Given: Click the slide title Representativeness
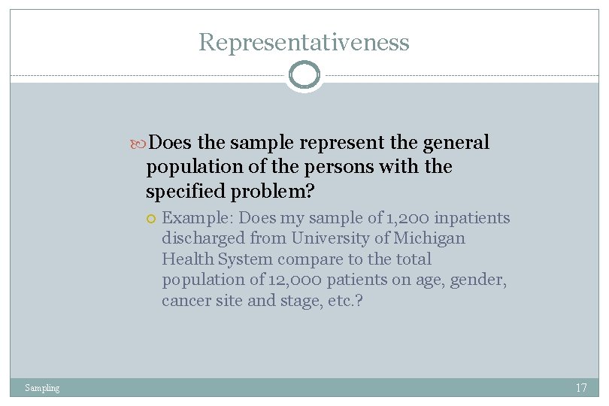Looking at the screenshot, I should tap(304, 42).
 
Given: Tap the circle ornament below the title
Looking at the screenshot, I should tap(304, 75).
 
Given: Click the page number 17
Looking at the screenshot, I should tap(580, 388).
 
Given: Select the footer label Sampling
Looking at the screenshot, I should tap(42, 388).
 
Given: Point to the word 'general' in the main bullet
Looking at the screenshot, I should tap(456, 142).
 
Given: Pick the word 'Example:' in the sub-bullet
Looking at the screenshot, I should tap(198, 218).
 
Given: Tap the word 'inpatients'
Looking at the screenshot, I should tap(474, 218).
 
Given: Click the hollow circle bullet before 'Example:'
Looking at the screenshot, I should tap(151, 219).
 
